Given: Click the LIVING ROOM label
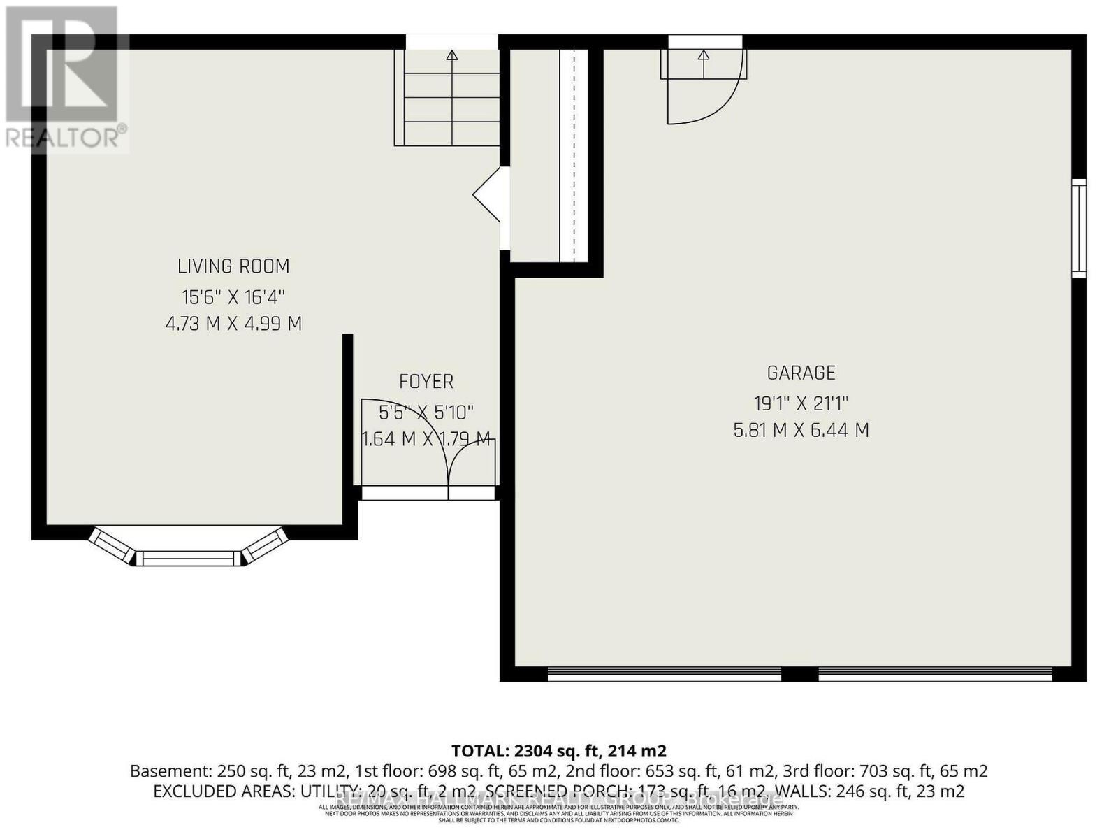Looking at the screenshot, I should (x=233, y=266).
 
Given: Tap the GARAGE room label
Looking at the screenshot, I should (x=801, y=373).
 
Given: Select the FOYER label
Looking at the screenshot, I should (x=426, y=382).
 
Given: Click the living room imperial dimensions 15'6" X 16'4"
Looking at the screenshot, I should (x=233, y=297).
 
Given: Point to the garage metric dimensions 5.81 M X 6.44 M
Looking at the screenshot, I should (x=801, y=430).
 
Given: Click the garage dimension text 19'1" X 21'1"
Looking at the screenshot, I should (x=801, y=403).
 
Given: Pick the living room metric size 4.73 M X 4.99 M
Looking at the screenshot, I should (x=233, y=324).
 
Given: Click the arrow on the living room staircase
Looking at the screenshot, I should (x=452, y=56).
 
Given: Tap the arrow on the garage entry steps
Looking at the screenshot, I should (x=704, y=56).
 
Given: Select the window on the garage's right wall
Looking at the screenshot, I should (x=1080, y=227).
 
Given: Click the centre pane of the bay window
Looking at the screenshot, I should (x=188, y=558).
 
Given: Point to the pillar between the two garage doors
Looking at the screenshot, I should (x=799, y=673).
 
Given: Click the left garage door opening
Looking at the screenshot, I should (x=664, y=673).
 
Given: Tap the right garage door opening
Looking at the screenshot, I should (x=935, y=673).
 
